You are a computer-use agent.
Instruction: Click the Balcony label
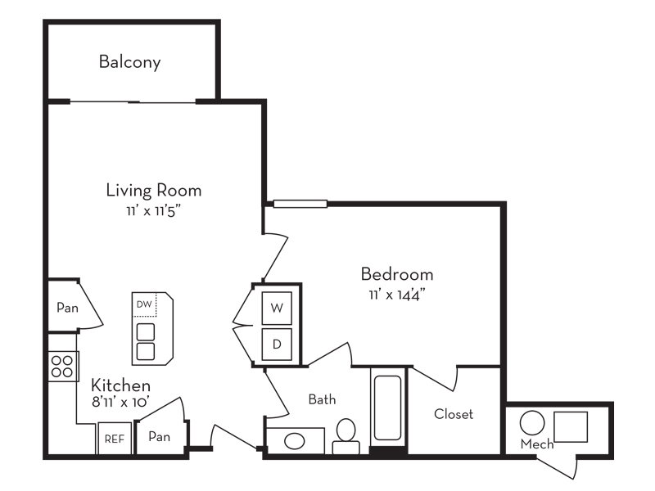coord(130,62)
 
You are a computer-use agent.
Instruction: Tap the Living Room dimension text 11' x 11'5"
coord(154,211)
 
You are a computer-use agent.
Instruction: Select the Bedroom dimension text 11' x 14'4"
coord(396,295)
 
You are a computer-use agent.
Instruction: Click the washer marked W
coord(277,309)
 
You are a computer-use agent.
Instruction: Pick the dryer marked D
coord(277,345)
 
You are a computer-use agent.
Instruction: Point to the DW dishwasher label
coord(144,304)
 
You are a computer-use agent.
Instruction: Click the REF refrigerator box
coord(115,439)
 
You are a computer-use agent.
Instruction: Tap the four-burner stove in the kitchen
coord(63,366)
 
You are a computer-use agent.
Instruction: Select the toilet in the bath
coord(346,436)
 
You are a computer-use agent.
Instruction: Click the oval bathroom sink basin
coord(295,441)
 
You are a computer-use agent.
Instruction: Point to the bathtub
coord(387,408)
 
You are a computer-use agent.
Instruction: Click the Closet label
coord(454,414)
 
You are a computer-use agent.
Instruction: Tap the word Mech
coord(537,444)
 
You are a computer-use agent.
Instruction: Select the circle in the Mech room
coord(532,423)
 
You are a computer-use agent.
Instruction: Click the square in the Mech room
coord(571,427)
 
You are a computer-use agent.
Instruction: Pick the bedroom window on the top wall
coord(300,204)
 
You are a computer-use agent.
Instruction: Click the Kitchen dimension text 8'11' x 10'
coord(120,402)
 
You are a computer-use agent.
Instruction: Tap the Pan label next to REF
coord(159,437)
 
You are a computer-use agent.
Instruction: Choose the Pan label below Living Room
coord(67,308)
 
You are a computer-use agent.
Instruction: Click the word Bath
coord(322,399)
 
